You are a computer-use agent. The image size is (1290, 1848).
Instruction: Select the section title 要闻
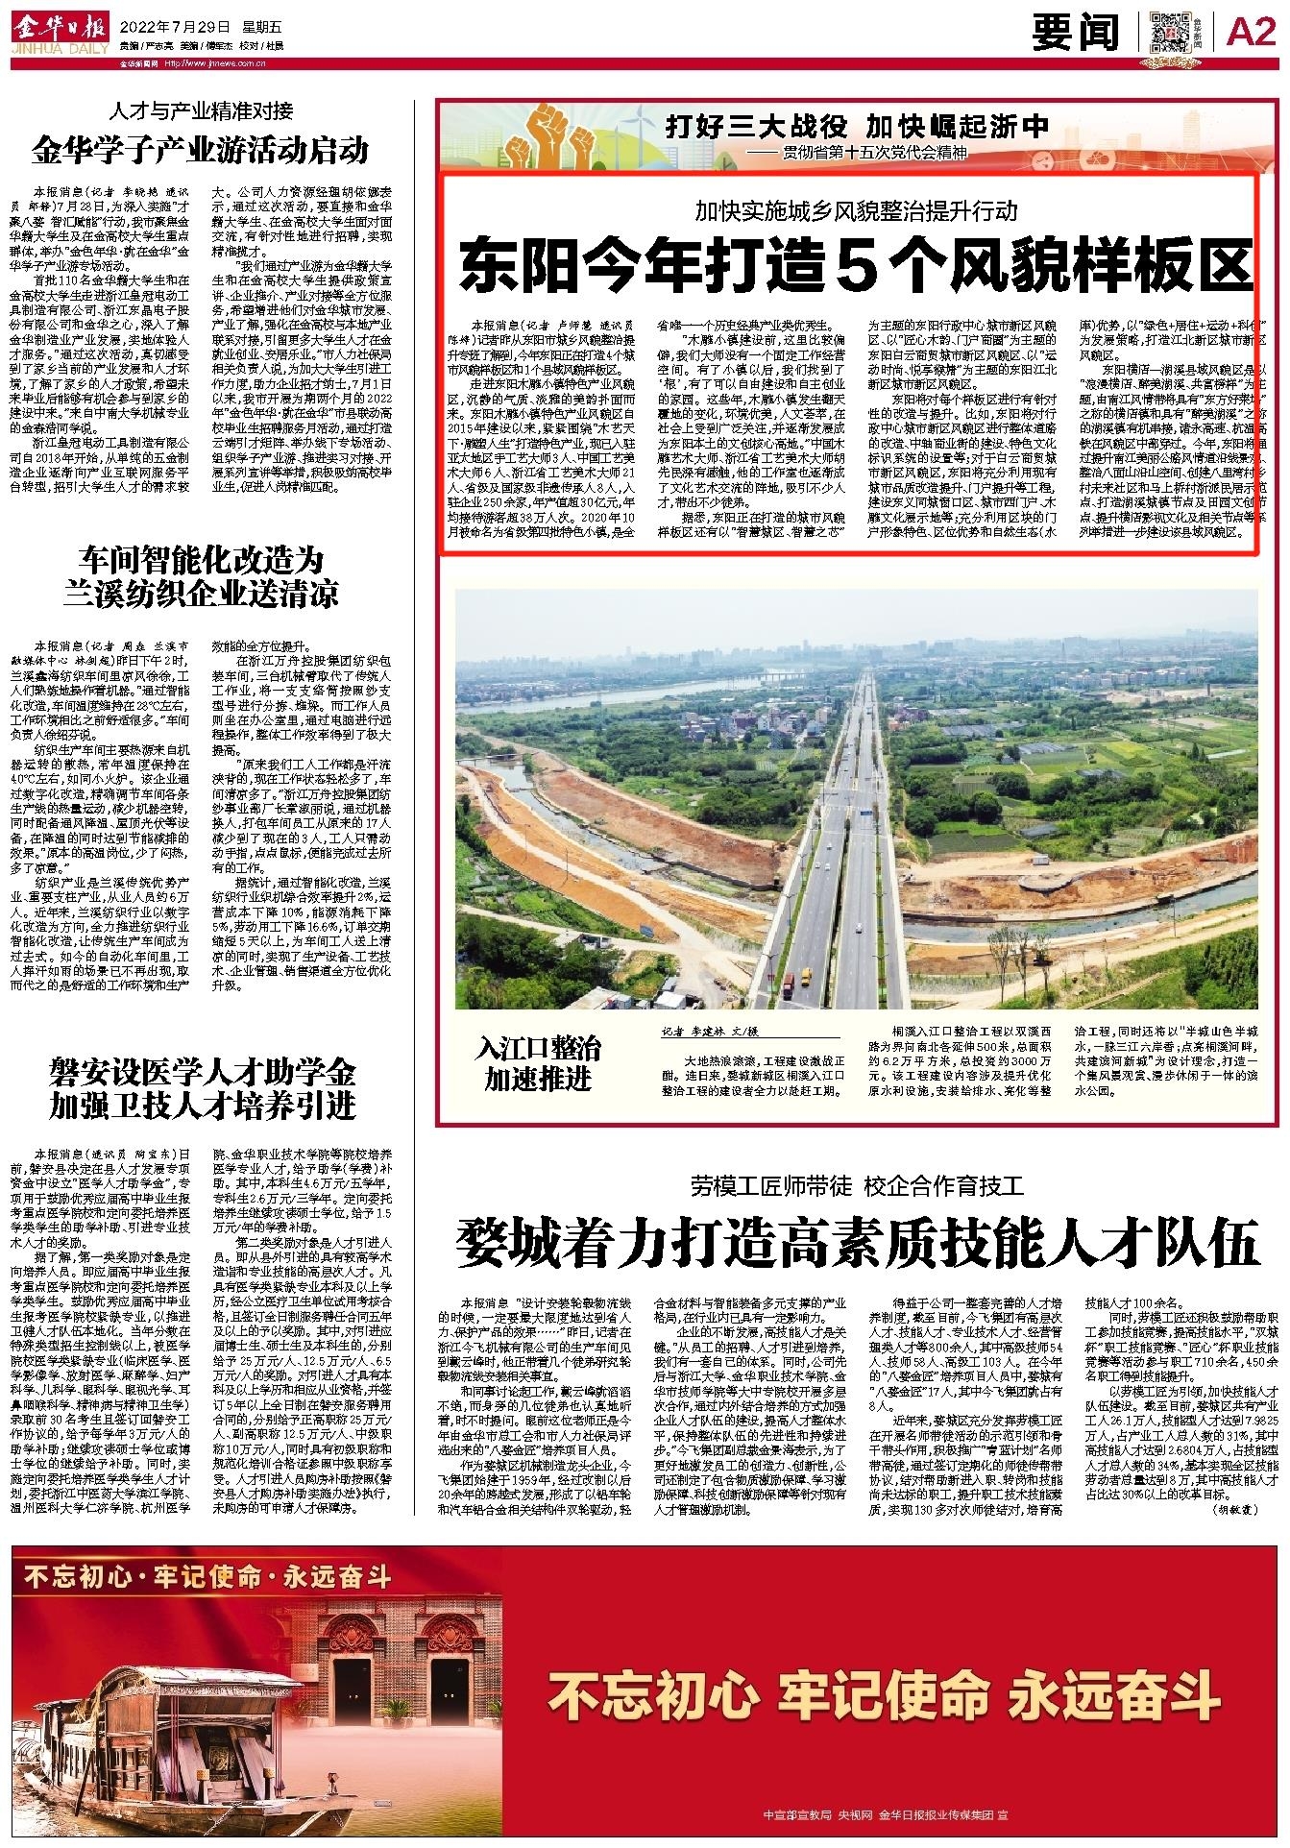(1076, 34)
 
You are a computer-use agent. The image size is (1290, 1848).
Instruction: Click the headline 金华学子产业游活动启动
(201, 151)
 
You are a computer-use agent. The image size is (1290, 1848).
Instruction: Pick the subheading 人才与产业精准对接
(200, 109)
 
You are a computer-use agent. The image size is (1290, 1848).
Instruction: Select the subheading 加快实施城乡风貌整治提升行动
(857, 209)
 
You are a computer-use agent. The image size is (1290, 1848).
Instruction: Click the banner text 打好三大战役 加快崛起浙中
(858, 127)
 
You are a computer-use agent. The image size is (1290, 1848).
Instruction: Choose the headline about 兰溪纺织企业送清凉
(201, 576)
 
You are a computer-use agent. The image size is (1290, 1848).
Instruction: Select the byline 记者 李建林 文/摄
(710, 1032)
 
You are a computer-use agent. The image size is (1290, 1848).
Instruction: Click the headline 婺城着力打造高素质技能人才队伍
(857, 1242)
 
